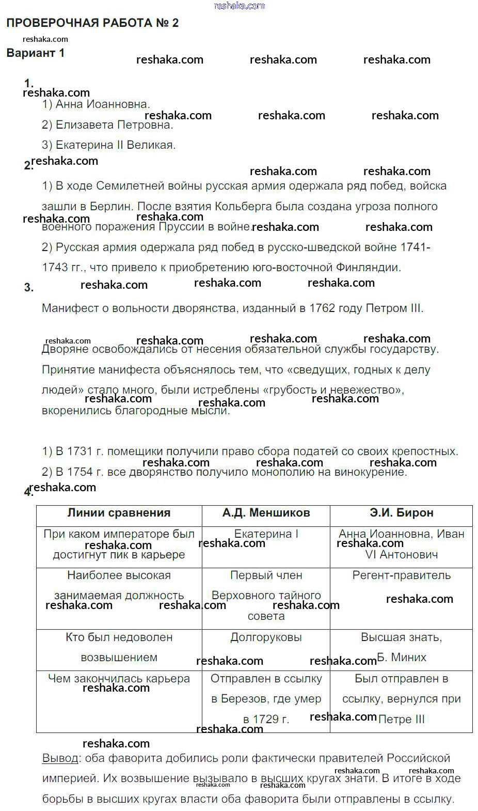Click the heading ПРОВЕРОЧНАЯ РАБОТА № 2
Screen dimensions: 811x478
(92, 23)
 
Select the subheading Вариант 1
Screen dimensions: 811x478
(36, 53)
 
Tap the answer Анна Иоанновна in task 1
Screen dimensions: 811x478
(102, 104)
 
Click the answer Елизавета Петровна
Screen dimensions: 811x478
(114, 124)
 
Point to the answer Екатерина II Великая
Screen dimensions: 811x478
(115, 145)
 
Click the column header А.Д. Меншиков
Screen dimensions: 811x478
(266, 513)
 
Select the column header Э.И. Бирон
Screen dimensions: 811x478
(401, 513)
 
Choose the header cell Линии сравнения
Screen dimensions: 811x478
(119, 513)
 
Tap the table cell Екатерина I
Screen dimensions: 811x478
(266, 534)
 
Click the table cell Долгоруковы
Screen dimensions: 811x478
(266, 637)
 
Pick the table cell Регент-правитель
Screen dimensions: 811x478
(401, 575)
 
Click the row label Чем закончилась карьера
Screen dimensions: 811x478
(119, 679)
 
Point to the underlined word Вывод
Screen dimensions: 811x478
(60, 758)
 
